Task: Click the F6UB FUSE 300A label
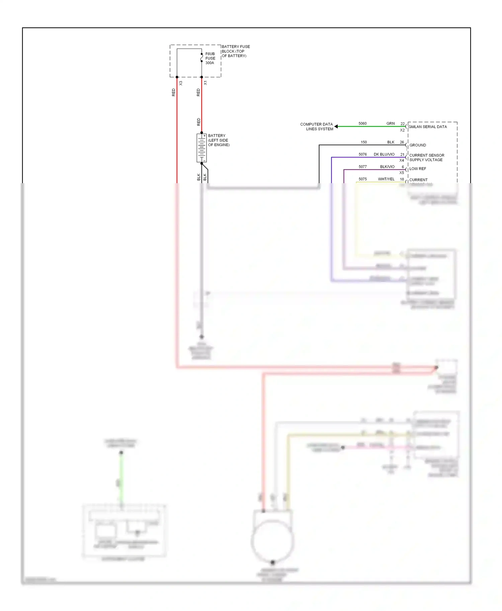[x=210, y=58]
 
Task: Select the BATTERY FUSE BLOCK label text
[x=236, y=51]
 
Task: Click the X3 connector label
[x=181, y=83]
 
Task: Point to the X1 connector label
[x=205, y=83]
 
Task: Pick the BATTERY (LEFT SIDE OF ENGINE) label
[x=219, y=140]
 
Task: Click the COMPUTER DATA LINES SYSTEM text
[x=317, y=126]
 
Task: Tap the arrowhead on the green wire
[x=336, y=126]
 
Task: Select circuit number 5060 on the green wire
[x=362, y=124]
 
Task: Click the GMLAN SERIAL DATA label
[x=427, y=127]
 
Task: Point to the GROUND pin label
[x=418, y=145]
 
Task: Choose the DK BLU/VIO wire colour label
[x=384, y=154]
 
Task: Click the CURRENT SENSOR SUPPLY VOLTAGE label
[x=426, y=158]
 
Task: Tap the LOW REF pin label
[x=418, y=169]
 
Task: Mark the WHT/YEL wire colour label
[x=386, y=179]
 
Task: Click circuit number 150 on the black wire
[x=364, y=142]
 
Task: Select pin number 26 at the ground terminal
[x=402, y=142]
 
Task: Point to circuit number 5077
[x=363, y=167]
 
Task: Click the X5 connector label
[x=402, y=173]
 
